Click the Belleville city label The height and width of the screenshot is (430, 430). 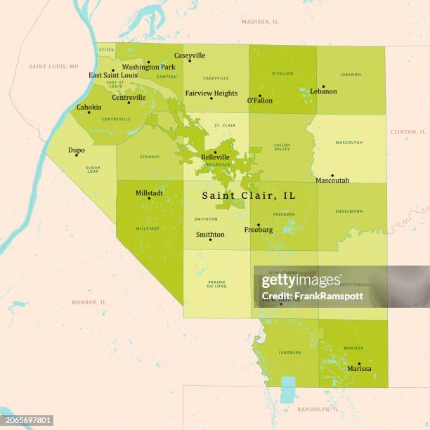[x=215, y=157]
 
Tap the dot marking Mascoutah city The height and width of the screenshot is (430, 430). [x=332, y=176]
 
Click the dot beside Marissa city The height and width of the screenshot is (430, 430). [x=359, y=364]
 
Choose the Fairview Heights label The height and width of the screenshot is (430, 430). [x=211, y=93]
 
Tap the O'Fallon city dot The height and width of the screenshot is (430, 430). [x=259, y=96]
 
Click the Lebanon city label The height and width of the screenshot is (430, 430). [x=323, y=91]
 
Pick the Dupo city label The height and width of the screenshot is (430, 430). [x=76, y=150]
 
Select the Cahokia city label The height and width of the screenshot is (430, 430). [x=89, y=107]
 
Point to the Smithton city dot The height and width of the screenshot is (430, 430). [x=210, y=240]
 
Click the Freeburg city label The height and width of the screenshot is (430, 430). [x=258, y=230]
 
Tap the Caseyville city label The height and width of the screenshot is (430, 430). [x=190, y=56]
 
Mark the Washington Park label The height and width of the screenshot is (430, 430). [x=148, y=67]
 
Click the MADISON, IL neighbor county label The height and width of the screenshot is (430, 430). [x=260, y=22]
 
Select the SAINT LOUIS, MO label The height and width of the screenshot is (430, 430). [x=53, y=66]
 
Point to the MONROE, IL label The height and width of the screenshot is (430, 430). [x=89, y=302]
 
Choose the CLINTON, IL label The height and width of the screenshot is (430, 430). [x=408, y=131]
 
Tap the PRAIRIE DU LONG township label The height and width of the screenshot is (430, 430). [x=216, y=285]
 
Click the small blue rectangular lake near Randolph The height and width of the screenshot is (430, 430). [x=288, y=389]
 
